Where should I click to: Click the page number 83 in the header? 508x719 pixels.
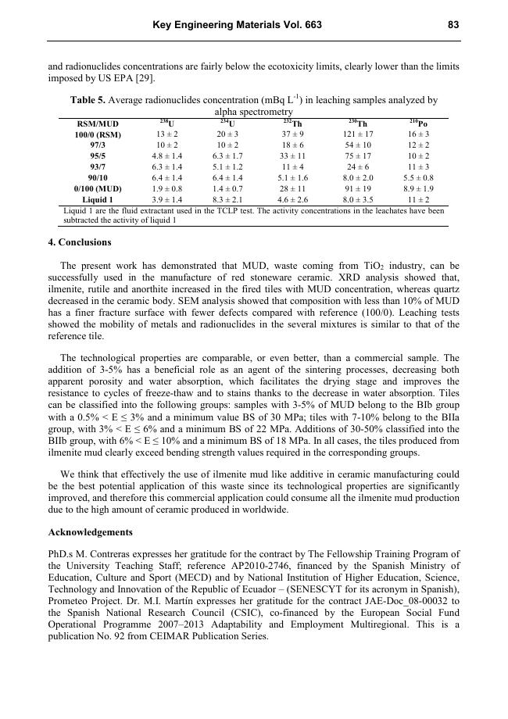453,25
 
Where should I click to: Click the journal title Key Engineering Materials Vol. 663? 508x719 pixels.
237,25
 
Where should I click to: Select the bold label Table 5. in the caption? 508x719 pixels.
88,101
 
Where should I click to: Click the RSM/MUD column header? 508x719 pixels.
97,124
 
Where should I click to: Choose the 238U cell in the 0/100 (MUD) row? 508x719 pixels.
166,189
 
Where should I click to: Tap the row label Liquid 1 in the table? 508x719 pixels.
97,200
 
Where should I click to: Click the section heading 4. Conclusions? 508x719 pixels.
80,242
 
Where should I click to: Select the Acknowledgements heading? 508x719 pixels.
91,532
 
